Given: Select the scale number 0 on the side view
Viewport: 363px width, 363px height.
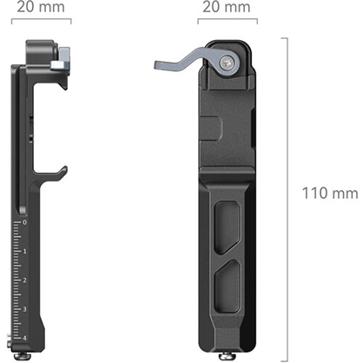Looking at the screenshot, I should (24, 222).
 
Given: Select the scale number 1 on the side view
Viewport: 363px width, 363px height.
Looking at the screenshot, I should (24, 251).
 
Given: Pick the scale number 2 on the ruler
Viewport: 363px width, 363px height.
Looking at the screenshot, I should (24, 280).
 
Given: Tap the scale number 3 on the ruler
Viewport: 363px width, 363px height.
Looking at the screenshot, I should (24, 309).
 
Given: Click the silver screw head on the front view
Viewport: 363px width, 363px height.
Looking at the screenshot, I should (228, 63).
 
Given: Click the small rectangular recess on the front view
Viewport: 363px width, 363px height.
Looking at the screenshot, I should (213, 129).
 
